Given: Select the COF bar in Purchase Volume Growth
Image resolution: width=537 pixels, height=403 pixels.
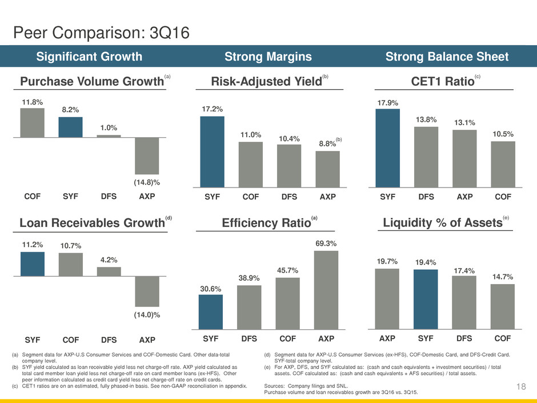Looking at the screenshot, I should point(32,123).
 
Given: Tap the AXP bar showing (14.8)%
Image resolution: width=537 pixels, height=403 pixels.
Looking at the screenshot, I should point(147,155).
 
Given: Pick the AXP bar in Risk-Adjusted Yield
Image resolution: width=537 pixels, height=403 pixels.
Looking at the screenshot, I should point(327,169).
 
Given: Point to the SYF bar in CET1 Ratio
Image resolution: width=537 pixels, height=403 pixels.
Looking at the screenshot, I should point(387,147).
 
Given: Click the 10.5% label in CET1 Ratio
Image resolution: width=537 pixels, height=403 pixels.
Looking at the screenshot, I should point(502,134).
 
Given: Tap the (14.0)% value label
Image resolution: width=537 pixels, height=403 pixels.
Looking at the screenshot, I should point(147,315).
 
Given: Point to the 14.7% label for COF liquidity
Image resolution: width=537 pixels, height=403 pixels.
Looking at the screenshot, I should point(502,277).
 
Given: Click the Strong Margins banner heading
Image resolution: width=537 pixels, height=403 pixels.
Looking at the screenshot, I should point(268,56).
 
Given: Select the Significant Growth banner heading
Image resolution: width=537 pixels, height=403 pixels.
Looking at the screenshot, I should point(90,56).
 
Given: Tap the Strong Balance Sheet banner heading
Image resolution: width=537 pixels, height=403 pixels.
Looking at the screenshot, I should point(447,56).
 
